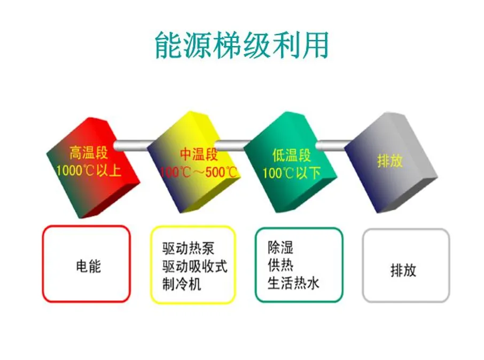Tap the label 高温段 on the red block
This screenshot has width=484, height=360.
coord(89,154)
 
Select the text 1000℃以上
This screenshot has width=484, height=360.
coord(89,171)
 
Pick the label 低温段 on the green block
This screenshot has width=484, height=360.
coord(291,155)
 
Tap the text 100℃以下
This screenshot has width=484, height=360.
coord(291,173)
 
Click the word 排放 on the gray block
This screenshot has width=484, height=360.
coord(390,160)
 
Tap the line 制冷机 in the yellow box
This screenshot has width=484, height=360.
coord(182,284)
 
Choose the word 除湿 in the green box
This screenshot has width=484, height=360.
coord(280,247)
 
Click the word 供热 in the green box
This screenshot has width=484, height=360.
coord(280,265)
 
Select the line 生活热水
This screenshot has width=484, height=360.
coord(293,283)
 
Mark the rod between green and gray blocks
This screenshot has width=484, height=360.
coord(334,144)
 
